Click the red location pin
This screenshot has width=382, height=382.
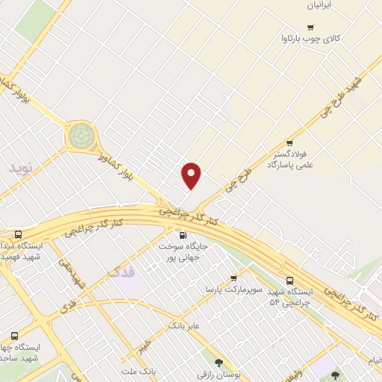(192, 175)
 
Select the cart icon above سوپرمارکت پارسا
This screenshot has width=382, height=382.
(234, 278)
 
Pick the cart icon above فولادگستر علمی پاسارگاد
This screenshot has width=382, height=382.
(289, 143)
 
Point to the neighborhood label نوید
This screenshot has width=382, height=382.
(22, 167)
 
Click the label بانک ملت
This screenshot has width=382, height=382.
(139, 370)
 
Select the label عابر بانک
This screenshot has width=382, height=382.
(186, 325)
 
